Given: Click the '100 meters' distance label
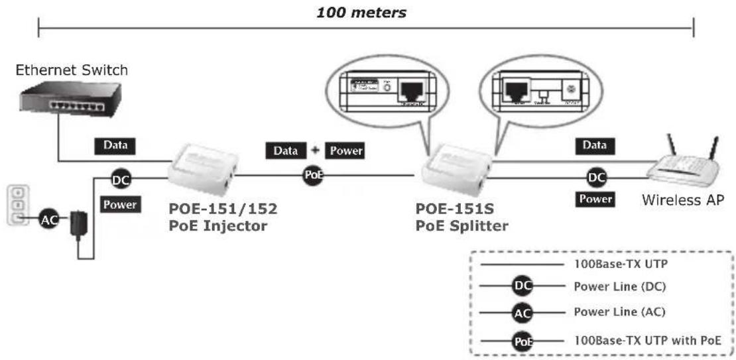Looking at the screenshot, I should [361, 13].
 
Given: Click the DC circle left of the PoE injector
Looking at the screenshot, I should [121, 178].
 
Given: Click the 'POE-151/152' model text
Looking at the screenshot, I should [223, 210].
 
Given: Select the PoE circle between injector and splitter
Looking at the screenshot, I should [312, 176].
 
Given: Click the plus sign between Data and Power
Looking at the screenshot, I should [316, 150].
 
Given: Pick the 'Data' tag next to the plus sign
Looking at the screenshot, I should [286, 150].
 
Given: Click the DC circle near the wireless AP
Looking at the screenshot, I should [597, 178].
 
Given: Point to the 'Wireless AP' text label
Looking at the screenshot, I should [682, 200].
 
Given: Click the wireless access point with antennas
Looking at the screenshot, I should [683, 166].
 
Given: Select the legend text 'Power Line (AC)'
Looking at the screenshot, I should [619, 312].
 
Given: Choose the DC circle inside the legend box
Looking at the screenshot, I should [522, 286].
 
